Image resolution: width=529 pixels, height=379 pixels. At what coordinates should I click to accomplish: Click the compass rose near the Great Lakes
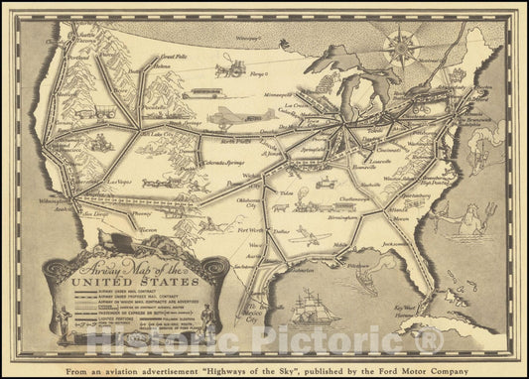404,43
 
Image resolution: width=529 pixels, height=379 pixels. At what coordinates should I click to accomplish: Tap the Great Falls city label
175,58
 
